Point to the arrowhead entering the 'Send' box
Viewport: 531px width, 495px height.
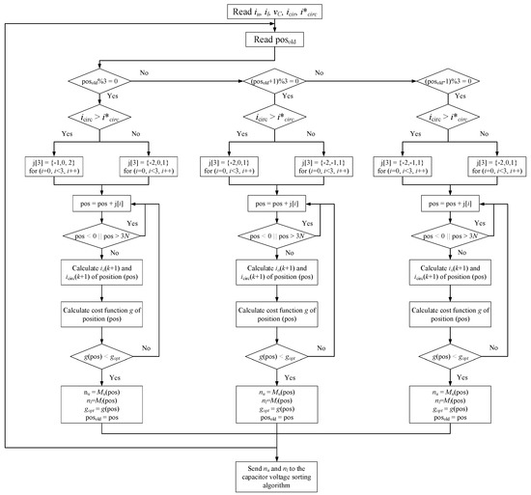pyautogui.click(x=266, y=458)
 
